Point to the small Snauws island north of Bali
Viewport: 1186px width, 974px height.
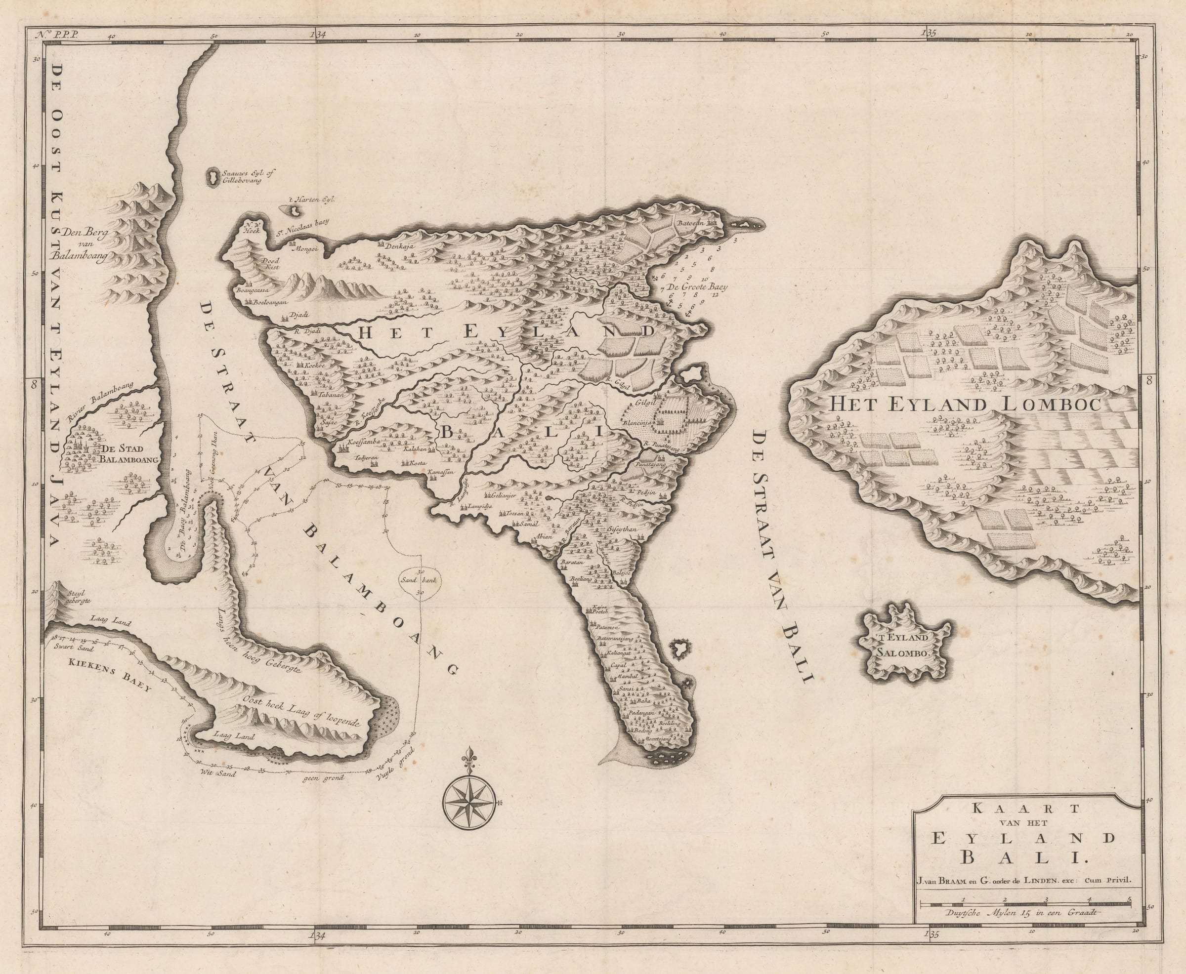[212, 176]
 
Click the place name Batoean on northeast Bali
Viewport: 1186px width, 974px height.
[691, 223]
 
